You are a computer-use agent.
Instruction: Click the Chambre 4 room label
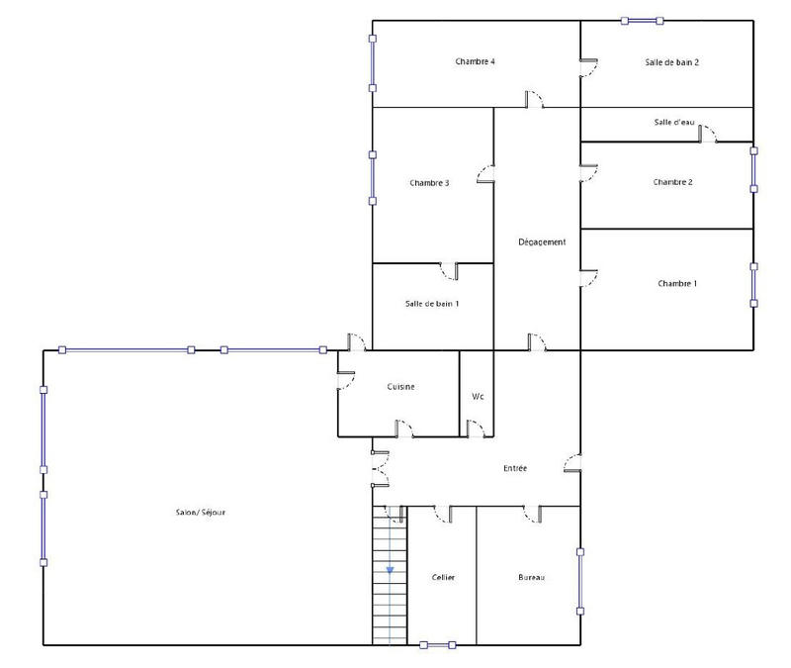[x=475, y=61]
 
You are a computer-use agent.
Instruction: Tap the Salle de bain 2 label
[x=672, y=61]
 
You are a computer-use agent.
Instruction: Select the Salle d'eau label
[x=674, y=123]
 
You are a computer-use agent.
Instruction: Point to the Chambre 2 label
[x=672, y=182]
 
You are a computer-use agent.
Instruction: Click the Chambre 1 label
[x=677, y=284]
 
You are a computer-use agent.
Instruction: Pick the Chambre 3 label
[x=430, y=183]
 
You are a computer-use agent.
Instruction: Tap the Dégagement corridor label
[x=542, y=242]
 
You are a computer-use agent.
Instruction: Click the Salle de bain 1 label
[x=432, y=304]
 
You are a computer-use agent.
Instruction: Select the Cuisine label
[x=400, y=387]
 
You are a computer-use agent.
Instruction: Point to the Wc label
[x=477, y=397]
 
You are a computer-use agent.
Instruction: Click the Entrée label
[x=514, y=468]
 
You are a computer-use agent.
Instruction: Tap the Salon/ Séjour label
[x=202, y=512]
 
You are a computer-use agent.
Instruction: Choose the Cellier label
[x=443, y=577]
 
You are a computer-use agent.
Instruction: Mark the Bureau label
[x=532, y=577]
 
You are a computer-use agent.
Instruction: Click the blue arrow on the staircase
[x=391, y=569]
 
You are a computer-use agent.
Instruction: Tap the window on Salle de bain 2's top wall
[x=642, y=20]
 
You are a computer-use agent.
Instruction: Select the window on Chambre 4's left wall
[x=373, y=63]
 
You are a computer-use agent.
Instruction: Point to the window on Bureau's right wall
[x=580, y=577]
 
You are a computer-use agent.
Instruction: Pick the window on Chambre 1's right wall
[x=753, y=284]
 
